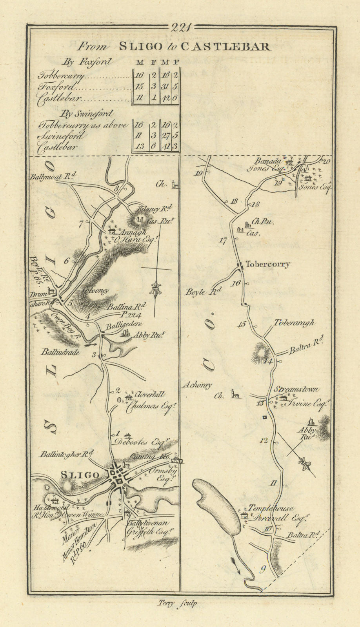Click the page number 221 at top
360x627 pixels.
point(180,27)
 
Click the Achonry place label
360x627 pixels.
point(197,385)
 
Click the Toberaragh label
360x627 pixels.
point(294,323)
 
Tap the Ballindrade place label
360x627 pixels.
point(60,352)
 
